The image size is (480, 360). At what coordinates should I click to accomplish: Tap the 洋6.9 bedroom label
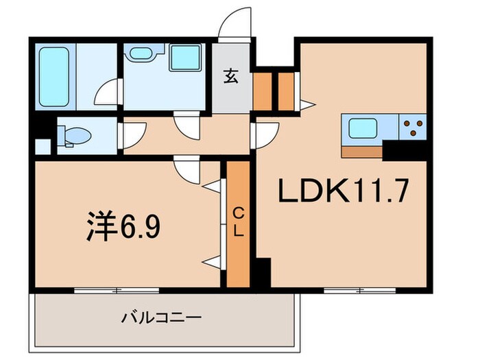124,227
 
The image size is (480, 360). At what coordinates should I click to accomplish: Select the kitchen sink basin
361,129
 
